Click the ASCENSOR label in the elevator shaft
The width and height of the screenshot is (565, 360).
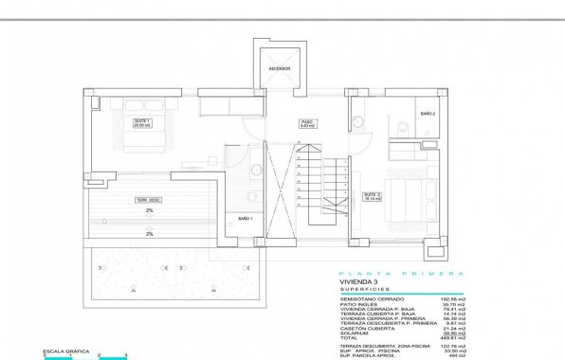279,69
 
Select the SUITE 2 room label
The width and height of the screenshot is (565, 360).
373,197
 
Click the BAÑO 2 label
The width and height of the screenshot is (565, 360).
427,113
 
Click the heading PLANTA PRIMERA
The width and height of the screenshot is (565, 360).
402,273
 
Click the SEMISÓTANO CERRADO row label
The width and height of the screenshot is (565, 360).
372,300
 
